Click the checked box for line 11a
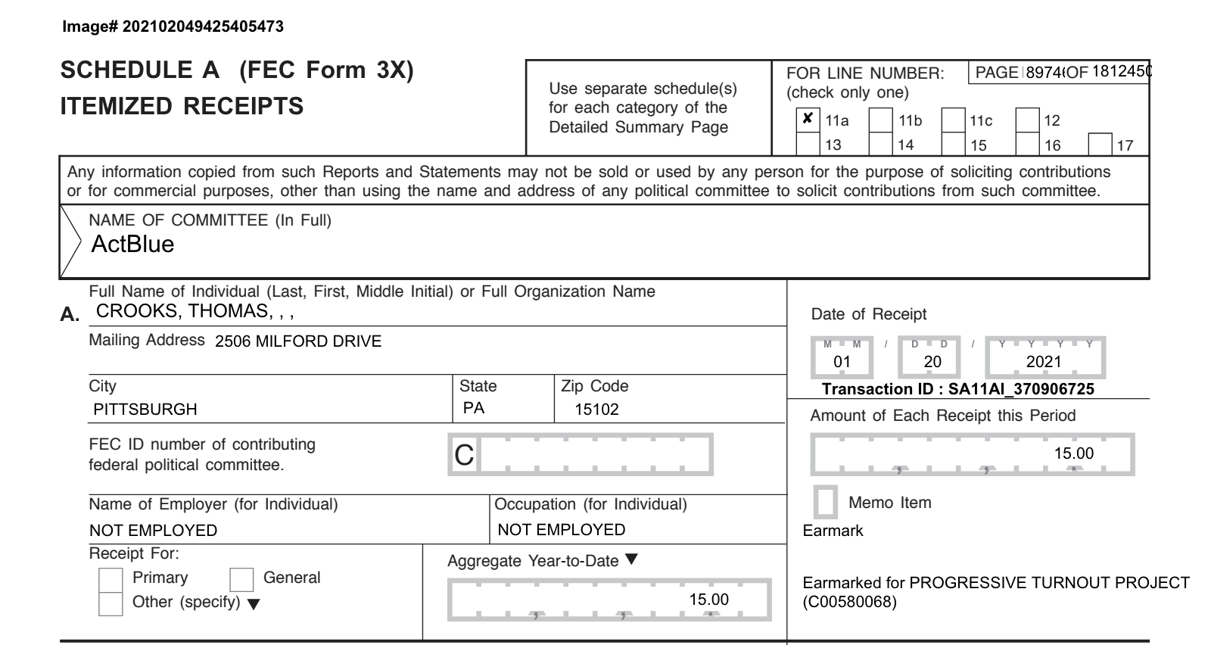[x=808, y=120]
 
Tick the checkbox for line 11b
[x=880, y=120]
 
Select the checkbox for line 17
[x=1100, y=145]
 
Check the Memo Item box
[x=825, y=502]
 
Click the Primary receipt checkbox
[x=111, y=579]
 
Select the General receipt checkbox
[x=241, y=579]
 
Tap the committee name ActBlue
[x=132, y=244]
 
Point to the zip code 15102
[x=596, y=410]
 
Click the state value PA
[x=474, y=409]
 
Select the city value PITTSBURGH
[x=145, y=410]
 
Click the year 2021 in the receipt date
[x=1043, y=362]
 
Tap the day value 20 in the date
[x=932, y=362]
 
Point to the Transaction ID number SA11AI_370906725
[x=1021, y=389]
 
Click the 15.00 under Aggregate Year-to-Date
[x=708, y=600]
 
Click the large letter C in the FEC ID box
[x=464, y=455]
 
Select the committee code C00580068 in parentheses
[x=849, y=603]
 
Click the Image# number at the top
[x=203, y=26]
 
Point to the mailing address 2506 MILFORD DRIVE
[x=298, y=341]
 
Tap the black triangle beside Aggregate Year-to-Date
[x=631, y=559]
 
